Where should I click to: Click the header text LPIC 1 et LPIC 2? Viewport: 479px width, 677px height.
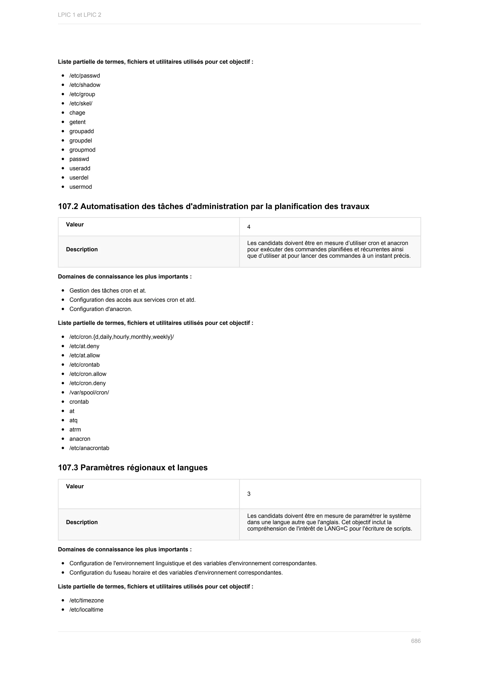pyautogui.click(x=79, y=15)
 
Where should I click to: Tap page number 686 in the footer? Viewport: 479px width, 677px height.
pyautogui.click(x=416, y=641)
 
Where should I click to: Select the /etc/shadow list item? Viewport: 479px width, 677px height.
pyautogui.click(x=85, y=85)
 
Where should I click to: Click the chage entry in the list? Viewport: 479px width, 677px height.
pyautogui.click(x=77, y=113)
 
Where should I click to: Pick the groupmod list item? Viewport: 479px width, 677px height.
pyautogui.click(x=82, y=150)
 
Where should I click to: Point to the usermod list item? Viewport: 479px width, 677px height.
pyautogui.click(x=80, y=187)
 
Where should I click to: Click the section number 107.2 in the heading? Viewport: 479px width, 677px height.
pyautogui.click(x=68, y=206)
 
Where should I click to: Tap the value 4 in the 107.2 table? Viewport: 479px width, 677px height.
pyautogui.click(x=249, y=227)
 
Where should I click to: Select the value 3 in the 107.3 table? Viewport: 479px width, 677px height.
pyautogui.click(x=249, y=494)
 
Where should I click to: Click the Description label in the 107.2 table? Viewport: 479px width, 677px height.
pyautogui.click(x=82, y=249)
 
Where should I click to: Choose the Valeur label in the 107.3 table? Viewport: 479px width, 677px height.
pyautogui.click(x=75, y=486)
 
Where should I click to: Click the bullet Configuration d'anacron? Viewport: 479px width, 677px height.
pyautogui.click(x=101, y=309)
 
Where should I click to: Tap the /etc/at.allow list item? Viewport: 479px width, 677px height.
pyautogui.click(x=85, y=355)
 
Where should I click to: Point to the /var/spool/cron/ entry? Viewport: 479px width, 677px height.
pyautogui.click(x=89, y=393)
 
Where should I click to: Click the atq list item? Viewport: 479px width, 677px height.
pyautogui.click(x=73, y=420)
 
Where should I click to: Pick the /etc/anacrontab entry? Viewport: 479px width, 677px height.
pyautogui.click(x=89, y=448)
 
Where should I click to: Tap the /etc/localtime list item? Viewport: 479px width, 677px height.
pyautogui.click(x=86, y=610)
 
